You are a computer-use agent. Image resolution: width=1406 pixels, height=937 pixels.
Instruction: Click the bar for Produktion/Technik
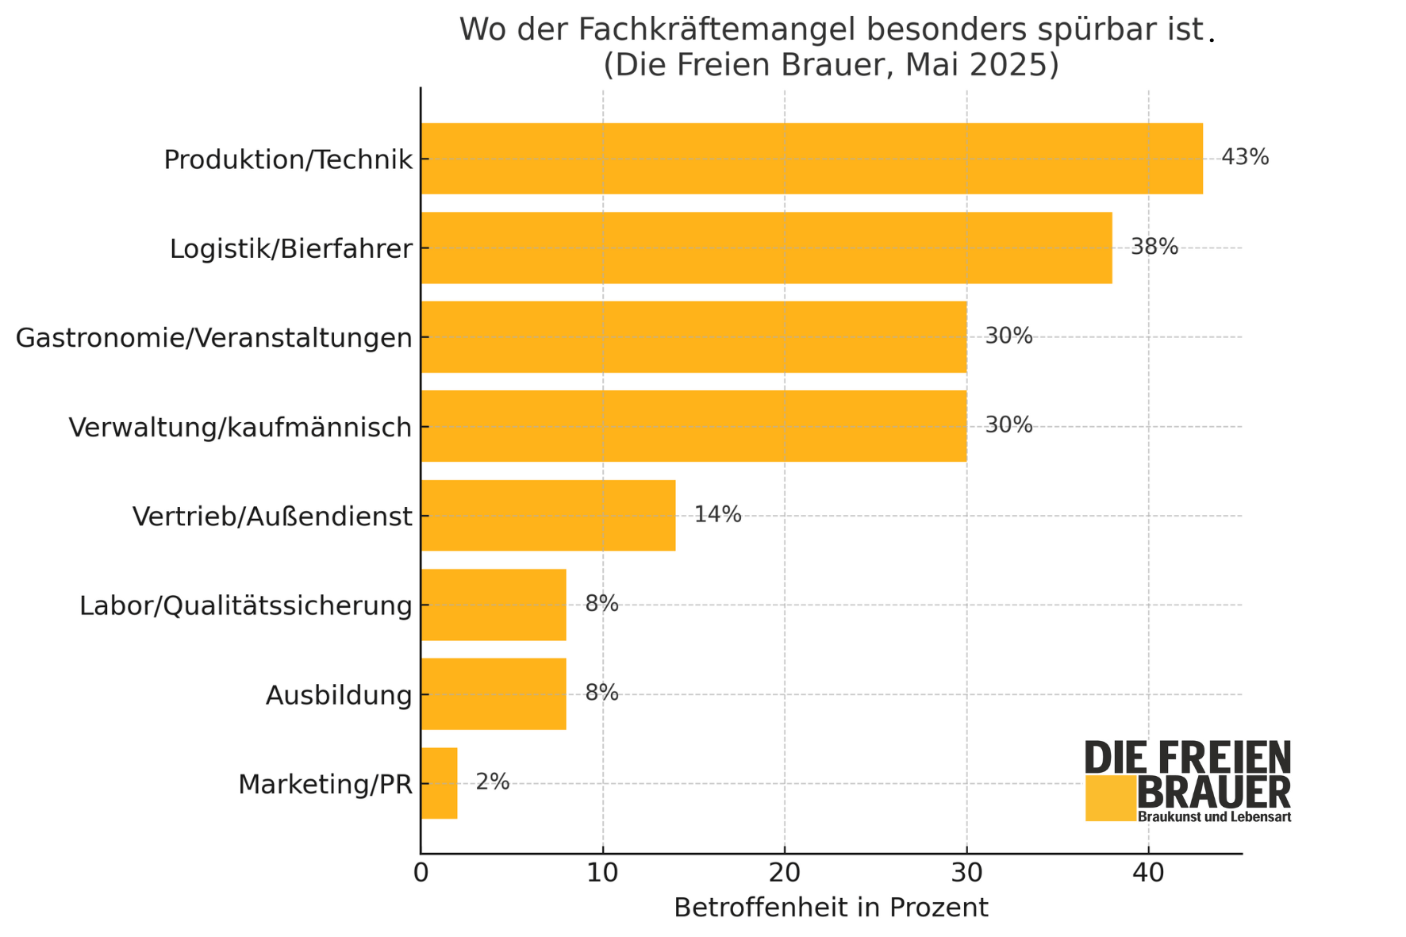click(x=811, y=159)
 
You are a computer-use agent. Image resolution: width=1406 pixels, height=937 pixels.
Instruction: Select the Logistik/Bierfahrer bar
click(x=766, y=248)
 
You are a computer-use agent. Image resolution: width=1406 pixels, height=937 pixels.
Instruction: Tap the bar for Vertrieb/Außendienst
click(x=547, y=516)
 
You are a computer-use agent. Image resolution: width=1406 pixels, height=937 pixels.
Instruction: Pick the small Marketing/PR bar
click(x=439, y=783)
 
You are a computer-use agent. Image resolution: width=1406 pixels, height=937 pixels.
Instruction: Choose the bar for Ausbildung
click(x=493, y=694)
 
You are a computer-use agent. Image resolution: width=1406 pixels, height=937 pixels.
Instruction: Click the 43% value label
click(x=1244, y=157)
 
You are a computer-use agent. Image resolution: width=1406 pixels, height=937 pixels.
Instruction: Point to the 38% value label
click(x=1154, y=247)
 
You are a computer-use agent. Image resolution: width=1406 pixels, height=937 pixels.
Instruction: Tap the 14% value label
click(x=717, y=515)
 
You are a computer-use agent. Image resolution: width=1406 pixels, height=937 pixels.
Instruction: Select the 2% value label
click(x=492, y=782)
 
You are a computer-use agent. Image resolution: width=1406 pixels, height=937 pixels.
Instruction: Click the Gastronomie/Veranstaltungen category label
click(x=214, y=338)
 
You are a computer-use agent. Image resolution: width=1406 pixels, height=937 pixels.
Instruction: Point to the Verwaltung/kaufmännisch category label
click(x=240, y=428)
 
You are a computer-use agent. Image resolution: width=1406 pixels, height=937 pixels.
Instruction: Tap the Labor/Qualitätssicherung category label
click(x=246, y=606)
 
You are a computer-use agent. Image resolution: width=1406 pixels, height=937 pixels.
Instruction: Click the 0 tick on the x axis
click(x=421, y=874)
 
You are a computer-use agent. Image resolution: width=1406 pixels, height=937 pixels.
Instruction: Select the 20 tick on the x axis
click(x=784, y=874)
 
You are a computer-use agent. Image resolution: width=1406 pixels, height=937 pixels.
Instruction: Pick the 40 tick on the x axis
click(x=1147, y=874)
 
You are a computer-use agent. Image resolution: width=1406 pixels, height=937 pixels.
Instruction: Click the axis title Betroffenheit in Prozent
click(x=831, y=908)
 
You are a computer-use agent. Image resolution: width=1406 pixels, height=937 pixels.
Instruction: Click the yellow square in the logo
click(x=1110, y=798)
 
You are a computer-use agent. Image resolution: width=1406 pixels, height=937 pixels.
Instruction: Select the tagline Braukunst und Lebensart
click(x=1214, y=817)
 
